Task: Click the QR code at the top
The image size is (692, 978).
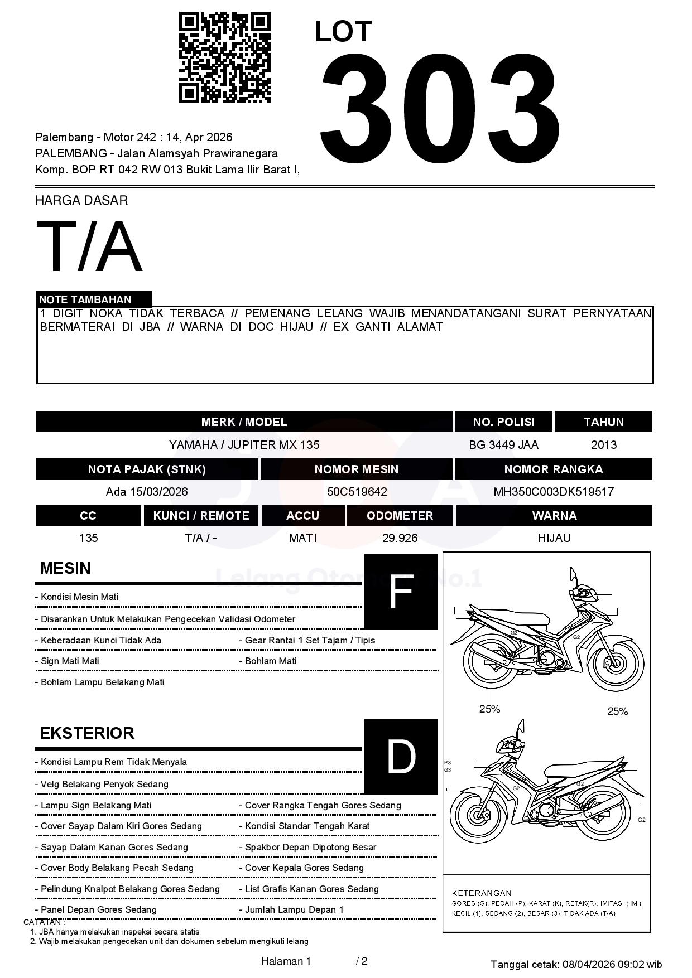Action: click(x=224, y=57)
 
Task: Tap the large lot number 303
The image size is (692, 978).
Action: click(x=440, y=106)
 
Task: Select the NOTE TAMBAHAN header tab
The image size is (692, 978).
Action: click(x=94, y=299)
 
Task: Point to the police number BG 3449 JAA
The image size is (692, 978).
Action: click(x=503, y=445)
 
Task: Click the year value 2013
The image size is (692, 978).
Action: click(x=603, y=445)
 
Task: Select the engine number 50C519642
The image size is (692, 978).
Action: click(x=357, y=492)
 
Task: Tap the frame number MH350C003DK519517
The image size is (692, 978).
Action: click(x=554, y=492)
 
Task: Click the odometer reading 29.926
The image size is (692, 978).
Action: click(x=400, y=538)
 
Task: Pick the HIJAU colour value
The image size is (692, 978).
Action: click(x=554, y=538)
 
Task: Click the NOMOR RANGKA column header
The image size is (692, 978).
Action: click(x=554, y=469)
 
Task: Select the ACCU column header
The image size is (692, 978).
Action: click(x=303, y=516)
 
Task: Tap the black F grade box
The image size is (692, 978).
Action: click(x=400, y=592)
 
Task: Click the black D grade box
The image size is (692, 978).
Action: click(x=400, y=756)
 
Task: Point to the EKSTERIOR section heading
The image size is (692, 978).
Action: click(x=87, y=733)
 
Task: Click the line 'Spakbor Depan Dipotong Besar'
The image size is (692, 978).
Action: click(x=311, y=847)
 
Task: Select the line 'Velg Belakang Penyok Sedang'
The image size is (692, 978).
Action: click(x=104, y=784)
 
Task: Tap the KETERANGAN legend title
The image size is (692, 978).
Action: click(x=482, y=893)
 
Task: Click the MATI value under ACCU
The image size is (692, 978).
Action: click(x=302, y=538)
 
